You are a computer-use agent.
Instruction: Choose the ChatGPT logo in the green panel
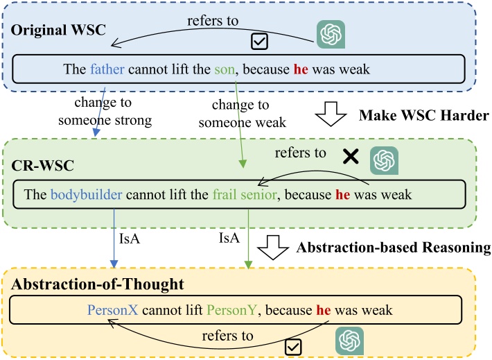[383, 160]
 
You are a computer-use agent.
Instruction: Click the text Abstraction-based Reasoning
[401, 247]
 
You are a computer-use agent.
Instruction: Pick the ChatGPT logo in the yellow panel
[350, 340]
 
